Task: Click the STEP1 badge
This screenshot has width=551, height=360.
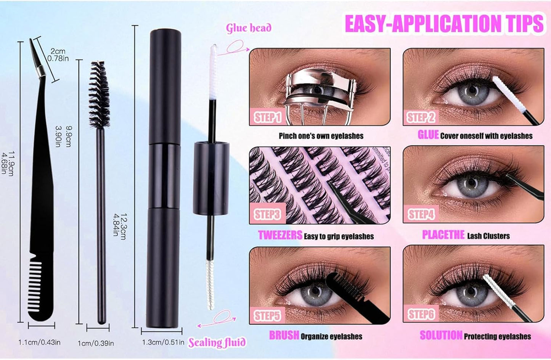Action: click(x=268, y=117)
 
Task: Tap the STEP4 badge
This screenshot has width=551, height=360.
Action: click(x=421, y=214)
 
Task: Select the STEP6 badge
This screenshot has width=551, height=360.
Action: click(x=421, y=314)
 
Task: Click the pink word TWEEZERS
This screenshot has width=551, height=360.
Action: click(x=280, y=235)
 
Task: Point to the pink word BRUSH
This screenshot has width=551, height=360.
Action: click(x=284, y=335)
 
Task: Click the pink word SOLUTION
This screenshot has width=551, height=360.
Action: click(x=441, y=335)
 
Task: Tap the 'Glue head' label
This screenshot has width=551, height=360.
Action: click(x=249, y=28)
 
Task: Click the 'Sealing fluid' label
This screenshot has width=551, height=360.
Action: click(x=217, y=342)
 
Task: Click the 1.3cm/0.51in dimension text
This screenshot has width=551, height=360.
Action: click(x=163, y=342)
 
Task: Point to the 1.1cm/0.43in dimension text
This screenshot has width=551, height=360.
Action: click(x=39, y=342)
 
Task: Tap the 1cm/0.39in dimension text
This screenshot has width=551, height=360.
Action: click(x=96, y=343)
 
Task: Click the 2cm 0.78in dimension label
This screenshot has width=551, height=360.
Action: click(x=58, y=55)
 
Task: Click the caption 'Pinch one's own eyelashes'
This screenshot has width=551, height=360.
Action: click(x=321, y=136)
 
